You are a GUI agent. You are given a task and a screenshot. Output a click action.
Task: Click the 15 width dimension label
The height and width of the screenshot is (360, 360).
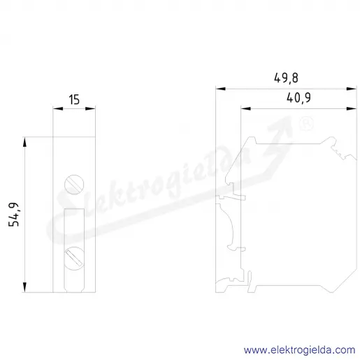point(74,99)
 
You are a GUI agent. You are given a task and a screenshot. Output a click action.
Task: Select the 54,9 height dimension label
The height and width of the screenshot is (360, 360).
point(14,215)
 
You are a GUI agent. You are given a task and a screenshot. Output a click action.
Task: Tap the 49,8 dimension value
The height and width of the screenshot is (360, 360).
point(286,78)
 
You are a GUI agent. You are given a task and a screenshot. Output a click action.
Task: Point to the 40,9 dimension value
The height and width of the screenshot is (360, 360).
point(298,98)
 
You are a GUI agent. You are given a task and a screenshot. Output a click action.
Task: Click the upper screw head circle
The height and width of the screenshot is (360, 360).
point(74,185)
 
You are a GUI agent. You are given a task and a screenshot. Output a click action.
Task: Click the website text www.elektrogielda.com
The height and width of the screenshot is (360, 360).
point(299,350)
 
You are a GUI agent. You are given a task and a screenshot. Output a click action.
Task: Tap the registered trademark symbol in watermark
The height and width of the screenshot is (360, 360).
point(306,124)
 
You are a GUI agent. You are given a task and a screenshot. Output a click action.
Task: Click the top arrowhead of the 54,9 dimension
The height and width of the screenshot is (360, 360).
point(24,142)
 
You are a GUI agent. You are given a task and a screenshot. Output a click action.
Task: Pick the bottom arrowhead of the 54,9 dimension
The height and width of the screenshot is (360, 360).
point(24,287)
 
